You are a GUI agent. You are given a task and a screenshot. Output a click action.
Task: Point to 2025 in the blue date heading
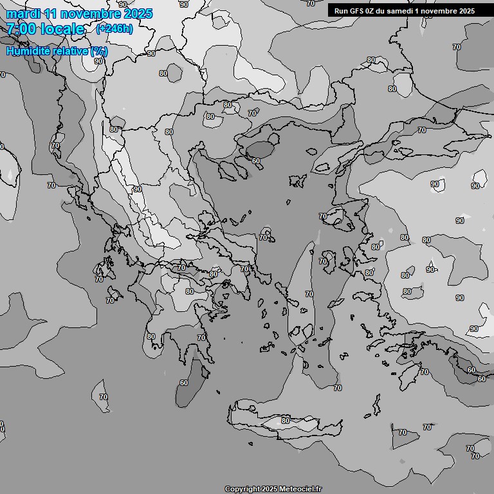(x=136, y=14)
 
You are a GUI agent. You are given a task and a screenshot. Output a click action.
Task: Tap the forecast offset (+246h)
(x=114, y=29)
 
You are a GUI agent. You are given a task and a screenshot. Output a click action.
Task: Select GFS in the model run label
(x=358, y=10)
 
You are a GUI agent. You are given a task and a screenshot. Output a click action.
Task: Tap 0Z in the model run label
(x=374, y=10)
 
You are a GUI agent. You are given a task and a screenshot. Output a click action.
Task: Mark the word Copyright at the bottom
(x=242, y=489)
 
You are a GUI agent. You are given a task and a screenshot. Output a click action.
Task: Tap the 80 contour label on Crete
(x=286, y=421)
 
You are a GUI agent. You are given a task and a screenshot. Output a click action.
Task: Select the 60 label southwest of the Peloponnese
(x=184, y=383)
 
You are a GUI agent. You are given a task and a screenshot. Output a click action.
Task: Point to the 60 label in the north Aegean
(x=255, y=161)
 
